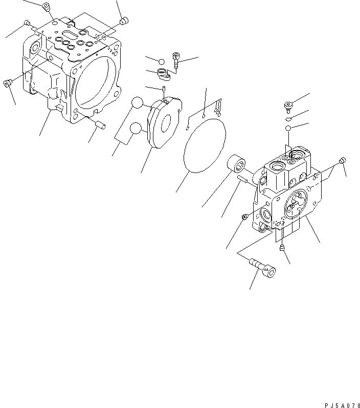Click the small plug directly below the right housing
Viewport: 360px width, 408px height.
pos(282,248)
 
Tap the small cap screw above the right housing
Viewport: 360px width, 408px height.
pos(287,106)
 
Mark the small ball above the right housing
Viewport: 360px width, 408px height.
pos(288,127)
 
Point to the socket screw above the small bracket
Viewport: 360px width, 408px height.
pos(176,60)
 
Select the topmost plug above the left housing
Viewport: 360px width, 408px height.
pos(46,7)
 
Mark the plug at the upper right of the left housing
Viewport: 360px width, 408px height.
pos(123,21)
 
